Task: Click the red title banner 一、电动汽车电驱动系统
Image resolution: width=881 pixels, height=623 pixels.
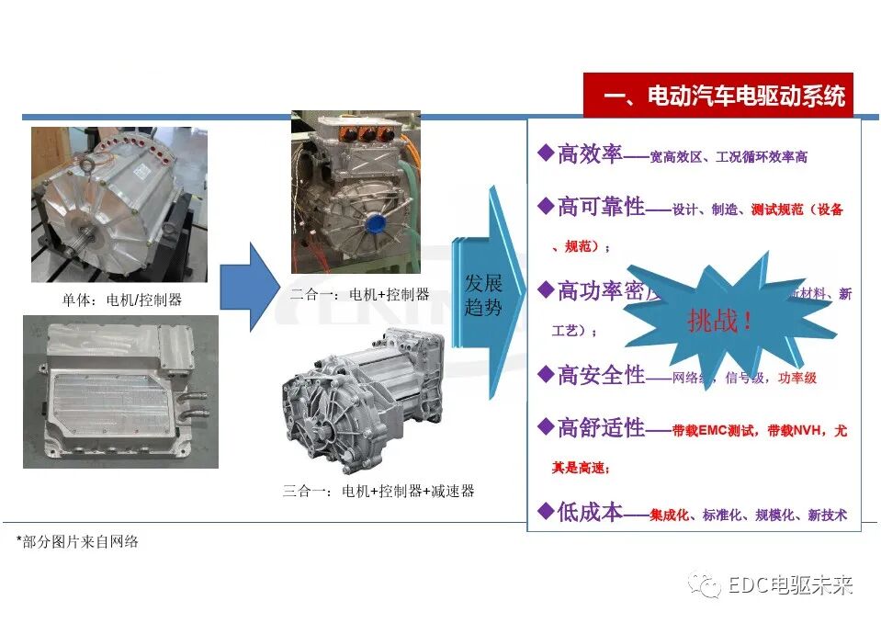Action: coord(718,96)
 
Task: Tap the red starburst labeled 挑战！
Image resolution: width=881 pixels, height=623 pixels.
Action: coord(721,320)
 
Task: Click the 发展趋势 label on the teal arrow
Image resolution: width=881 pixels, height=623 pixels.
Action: coord(483,294)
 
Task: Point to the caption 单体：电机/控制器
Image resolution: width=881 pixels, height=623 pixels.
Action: coord(120,300)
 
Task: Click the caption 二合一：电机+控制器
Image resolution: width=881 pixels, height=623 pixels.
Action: coord(359,294)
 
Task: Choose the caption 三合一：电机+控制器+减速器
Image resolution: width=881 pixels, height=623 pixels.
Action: coord(378,491)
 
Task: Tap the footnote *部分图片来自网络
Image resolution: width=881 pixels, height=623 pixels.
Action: coord(77,541)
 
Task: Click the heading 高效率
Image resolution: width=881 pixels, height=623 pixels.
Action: coord(590,153)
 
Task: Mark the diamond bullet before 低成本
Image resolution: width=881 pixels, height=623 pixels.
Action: coord(545,511)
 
